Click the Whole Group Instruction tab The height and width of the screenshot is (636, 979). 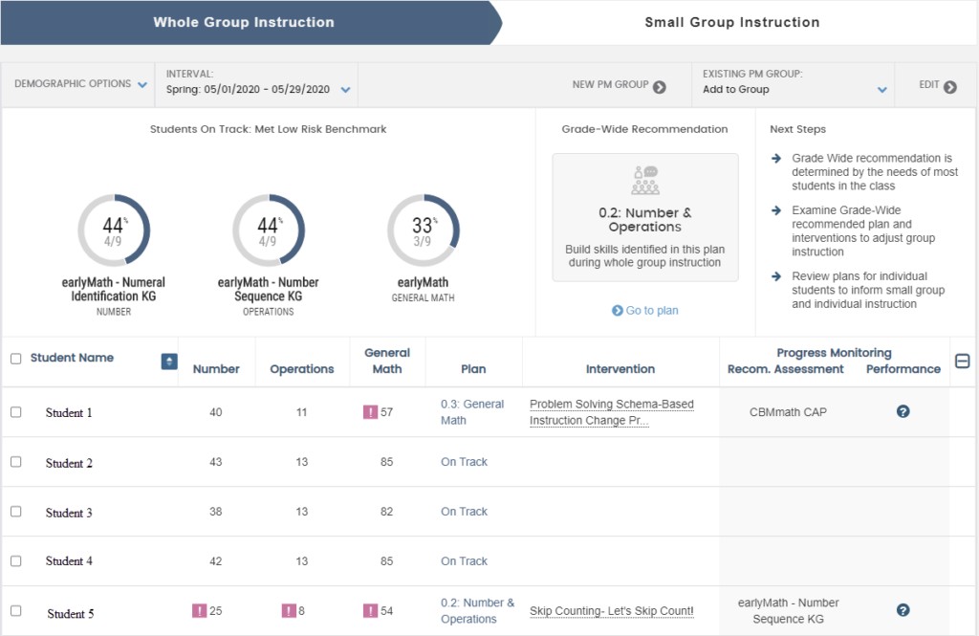click(244, 22)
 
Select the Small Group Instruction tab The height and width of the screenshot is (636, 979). click(731, 22)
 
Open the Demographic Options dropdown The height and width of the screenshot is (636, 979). click(80, 84)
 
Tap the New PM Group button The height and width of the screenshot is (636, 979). click(618, 85)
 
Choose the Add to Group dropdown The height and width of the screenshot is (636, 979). click(794, 90)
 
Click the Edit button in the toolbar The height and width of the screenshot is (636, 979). click(937, 85)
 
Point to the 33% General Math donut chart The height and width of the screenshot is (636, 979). click(423, 230)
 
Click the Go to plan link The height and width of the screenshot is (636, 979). click(645, 311)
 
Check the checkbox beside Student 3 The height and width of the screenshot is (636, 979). click(15, 512)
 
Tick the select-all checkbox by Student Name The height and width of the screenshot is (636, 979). click(15, 359)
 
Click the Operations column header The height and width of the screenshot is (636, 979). click(302, 369)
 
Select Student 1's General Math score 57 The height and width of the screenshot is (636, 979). click(386, 412)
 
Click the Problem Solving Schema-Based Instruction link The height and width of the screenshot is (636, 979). click(611, 412)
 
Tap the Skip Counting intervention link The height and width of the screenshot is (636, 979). click(611, 611)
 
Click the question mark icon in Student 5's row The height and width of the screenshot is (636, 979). click(903, 610)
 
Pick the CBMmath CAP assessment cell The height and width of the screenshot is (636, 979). click(788, 412)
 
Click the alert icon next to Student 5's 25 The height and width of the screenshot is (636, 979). click(199, 611)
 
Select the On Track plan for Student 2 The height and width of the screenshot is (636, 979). click(464, 462)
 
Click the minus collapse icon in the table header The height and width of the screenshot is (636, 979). click(963, 361)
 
